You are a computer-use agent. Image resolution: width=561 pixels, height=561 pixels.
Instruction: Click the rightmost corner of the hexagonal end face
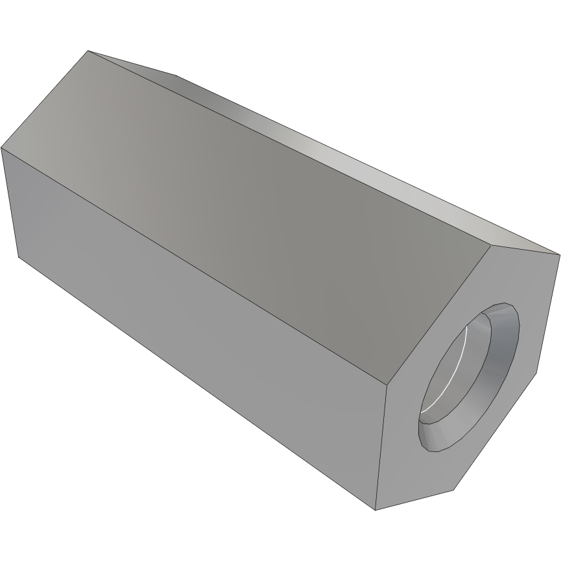tap(559, 254)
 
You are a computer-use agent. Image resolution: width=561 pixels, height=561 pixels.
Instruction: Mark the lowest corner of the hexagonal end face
tap(376, 510)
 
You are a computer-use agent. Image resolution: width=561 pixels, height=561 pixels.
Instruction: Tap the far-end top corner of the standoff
tap(88, 51)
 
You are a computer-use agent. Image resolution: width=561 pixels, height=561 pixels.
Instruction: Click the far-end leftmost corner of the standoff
tap(1, 148)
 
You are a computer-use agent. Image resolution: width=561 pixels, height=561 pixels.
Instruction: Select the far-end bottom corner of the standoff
tap(18, 256)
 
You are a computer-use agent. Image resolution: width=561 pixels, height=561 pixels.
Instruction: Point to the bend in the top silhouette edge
tap(176, 75)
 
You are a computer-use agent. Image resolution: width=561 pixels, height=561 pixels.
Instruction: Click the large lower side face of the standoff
tap(195, 337)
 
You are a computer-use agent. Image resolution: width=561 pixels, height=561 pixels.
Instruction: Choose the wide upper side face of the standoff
tap(259, 195)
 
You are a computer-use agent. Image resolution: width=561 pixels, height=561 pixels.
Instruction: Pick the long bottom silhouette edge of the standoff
tap(195, 382)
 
